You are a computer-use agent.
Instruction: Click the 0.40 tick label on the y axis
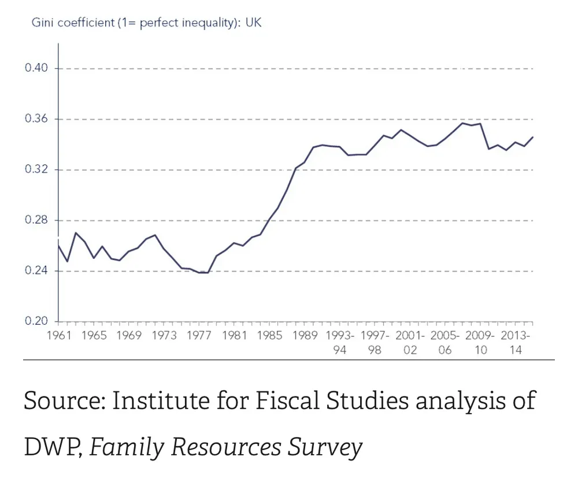[36, 68]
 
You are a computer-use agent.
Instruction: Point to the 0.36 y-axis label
[36, 119]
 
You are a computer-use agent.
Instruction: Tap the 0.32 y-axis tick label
[36, 170]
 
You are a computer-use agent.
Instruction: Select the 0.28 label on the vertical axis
[36, 220]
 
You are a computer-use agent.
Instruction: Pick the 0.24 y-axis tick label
[36, 271]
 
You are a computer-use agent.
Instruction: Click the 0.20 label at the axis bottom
[36, 321]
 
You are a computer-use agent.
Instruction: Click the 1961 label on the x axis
[59, 336]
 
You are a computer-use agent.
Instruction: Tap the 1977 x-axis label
[199, 336]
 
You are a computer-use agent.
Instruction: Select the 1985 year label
[270, 336]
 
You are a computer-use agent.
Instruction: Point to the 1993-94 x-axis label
[340, 342]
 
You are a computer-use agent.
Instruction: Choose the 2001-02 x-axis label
[410, 342]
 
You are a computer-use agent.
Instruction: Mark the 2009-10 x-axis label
[481, 342]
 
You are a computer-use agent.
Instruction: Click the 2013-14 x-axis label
[516, 342]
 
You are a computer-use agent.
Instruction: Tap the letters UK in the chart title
[254, 23]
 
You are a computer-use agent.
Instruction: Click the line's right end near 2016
[532, 137]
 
